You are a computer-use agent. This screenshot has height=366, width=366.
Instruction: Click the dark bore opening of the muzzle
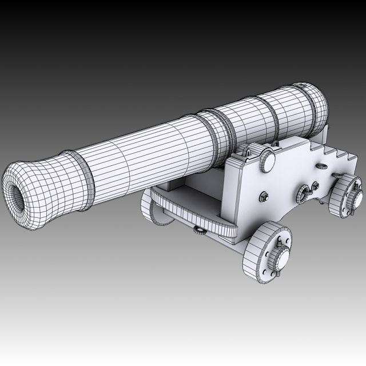pyautogui.click(x=17, y=199)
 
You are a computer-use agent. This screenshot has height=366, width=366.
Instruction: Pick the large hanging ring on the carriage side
pyautogui.click(x=303, y=194)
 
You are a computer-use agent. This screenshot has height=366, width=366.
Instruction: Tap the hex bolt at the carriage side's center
pyautogui.click(x=264, y=197)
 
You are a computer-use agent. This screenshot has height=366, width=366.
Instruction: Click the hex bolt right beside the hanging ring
pyautogui.click(x=315, y=186)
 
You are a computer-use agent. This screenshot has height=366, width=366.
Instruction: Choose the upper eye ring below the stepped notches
pyautogui.click(x=321, y=166)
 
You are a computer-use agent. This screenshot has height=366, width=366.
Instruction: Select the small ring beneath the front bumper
pyautogui.click(x=200, y=230)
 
